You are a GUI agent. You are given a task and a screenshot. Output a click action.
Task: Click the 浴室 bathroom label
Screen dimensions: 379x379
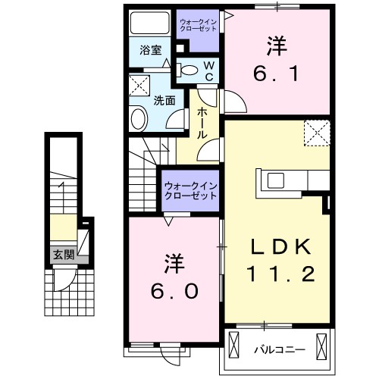[x=152, y=51]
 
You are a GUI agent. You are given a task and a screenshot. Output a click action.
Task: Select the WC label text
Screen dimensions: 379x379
[x=210, y=71]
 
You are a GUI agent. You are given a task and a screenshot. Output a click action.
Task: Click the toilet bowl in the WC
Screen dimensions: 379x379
[x=189, y=72]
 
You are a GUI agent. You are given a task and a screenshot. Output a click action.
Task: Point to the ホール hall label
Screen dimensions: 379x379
[x=202, y=121]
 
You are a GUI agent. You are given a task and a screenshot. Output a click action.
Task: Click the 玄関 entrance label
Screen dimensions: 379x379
[x=63, y=255]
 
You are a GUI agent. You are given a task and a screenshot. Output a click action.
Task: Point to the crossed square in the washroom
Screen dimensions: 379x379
[x=139, y=85]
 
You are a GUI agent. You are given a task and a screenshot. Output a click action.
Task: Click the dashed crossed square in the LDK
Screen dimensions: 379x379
[x=316, y=133]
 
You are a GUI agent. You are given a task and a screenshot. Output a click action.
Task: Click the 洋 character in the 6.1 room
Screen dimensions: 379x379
[x=275, y=45]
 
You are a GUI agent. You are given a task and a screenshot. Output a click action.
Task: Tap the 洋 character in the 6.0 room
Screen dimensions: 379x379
[x=174, y=263]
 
